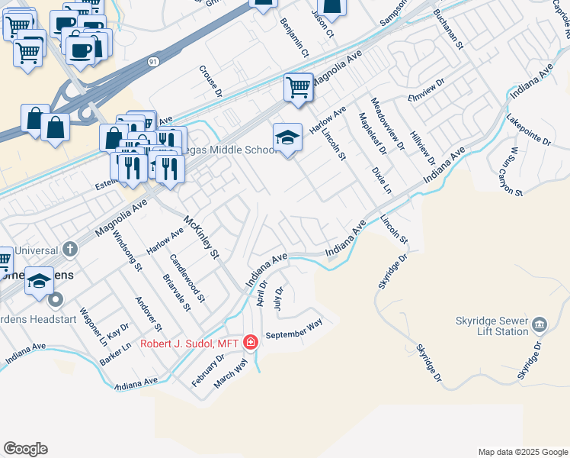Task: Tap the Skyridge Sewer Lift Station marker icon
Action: point(540,326)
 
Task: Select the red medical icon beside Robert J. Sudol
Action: point(250,343)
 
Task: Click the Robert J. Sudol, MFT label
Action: point(190,343)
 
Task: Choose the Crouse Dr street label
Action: point(210,81)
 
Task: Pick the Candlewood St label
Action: point(187,278)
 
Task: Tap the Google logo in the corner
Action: point(25,449)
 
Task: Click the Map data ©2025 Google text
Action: point(522,452)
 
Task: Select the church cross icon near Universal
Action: point(69,248)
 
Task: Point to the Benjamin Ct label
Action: point(294,38)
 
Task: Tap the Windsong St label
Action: point(127,252)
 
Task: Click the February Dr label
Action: point(207,369)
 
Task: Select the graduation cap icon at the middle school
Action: point(287,137)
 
